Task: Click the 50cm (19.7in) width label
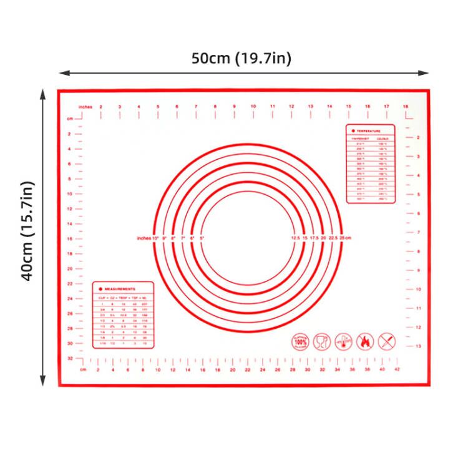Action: point(241,59)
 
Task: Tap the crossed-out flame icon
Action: point(365,341)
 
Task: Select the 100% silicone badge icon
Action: point(301,341)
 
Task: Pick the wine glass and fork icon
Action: point(322,341)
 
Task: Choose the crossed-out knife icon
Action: point(386,341)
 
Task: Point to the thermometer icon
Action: point(344,341)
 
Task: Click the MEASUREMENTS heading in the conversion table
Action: point(120,289)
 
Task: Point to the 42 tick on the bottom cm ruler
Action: point(397,369)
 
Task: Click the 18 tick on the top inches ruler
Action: point(406,107)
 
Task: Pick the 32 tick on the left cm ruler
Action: point(70,358)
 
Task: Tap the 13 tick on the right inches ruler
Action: point(419,346)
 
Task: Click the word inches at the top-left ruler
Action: point(85,107)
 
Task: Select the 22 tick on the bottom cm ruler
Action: point(247,369)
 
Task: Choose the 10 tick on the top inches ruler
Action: point(253,107)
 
